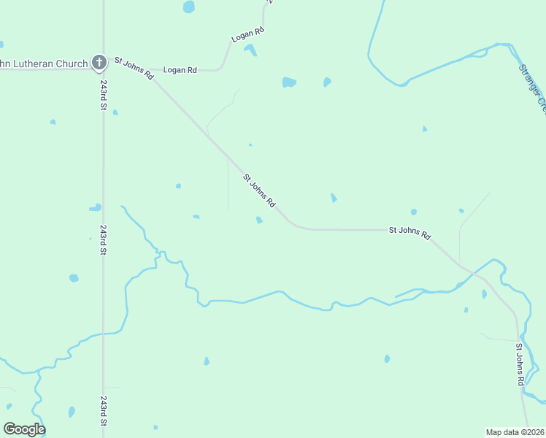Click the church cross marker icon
click(99, 64)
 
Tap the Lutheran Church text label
click(44, 64)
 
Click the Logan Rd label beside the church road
click(180, 70)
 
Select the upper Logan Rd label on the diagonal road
click(247, 34)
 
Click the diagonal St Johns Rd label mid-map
click(259, 190)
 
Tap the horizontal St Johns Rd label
click(409, 231)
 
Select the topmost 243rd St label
click(104, 96)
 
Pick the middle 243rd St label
click(104, 239)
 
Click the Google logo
click(24, 429)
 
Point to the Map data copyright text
click(515, 431)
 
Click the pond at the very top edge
click(189, 7)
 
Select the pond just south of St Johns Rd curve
click(259, 220)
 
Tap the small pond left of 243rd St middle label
click(74, 278)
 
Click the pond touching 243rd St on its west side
click(95, 208)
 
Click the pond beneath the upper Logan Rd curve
click(250, 50)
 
